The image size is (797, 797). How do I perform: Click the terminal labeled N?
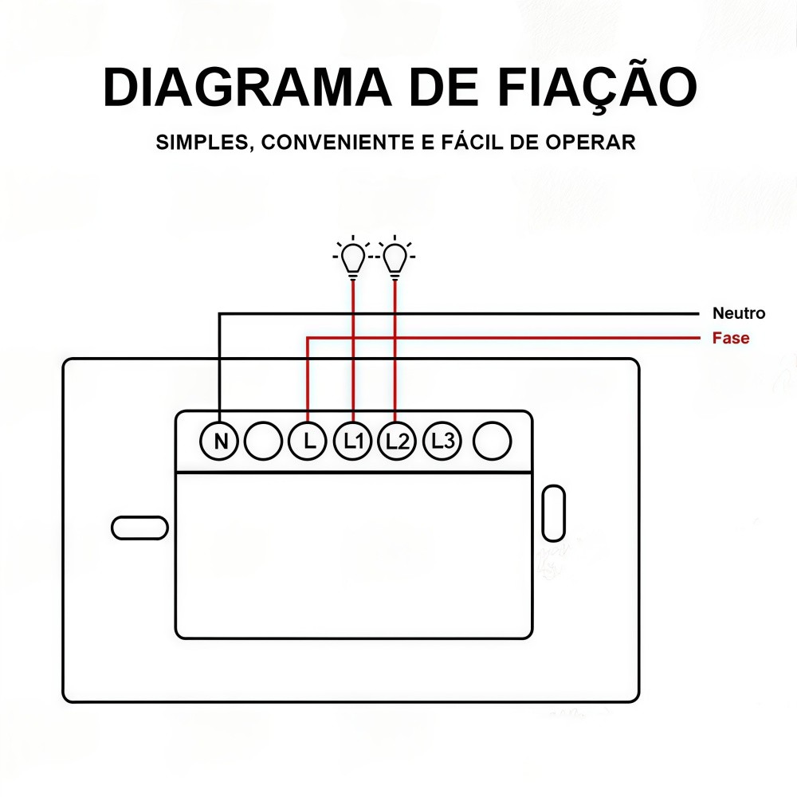(219, 441)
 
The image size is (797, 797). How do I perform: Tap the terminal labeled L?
(308, 441)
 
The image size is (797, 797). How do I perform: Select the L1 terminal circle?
(352, 441)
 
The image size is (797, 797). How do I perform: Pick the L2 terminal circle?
(396, 441)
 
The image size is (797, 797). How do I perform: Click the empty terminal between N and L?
(263, 441)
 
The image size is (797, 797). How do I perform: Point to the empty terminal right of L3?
(492, 441)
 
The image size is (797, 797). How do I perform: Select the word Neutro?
(739, 313)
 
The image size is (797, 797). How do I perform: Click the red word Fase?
(731, 338)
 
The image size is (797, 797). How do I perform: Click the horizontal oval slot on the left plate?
(139, 528)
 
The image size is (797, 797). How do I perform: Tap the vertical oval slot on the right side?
(553, 512)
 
